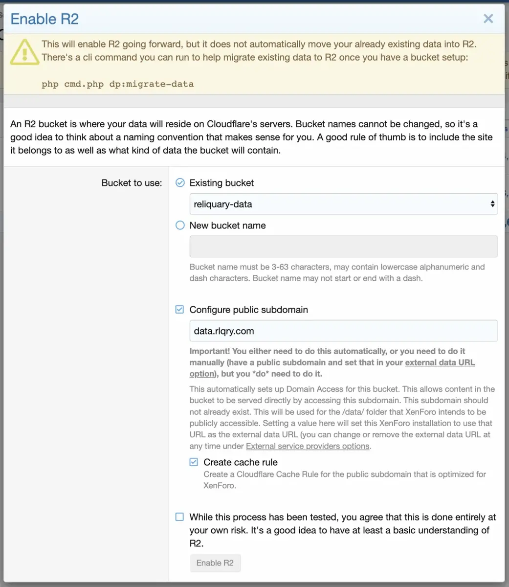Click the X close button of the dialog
coord(488,19)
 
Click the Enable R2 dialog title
coord(44,19)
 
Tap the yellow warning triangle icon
coord(24,51)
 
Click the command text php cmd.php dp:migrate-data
coord(117,84)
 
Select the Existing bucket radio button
coord(180,182)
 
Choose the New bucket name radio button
coord(180,225)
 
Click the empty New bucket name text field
coord(343,247)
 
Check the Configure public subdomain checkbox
coord(180,310)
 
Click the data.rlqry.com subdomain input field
coord(343,331)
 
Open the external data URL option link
coord(440,362)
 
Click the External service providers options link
coord(308,446)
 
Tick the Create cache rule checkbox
coord(194,462)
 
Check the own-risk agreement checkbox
coord(180,517)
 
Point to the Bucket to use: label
coord(132,183)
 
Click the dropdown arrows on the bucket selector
coord(492,204)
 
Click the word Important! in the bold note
coord(210,351)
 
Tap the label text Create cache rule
coord(240,462)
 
